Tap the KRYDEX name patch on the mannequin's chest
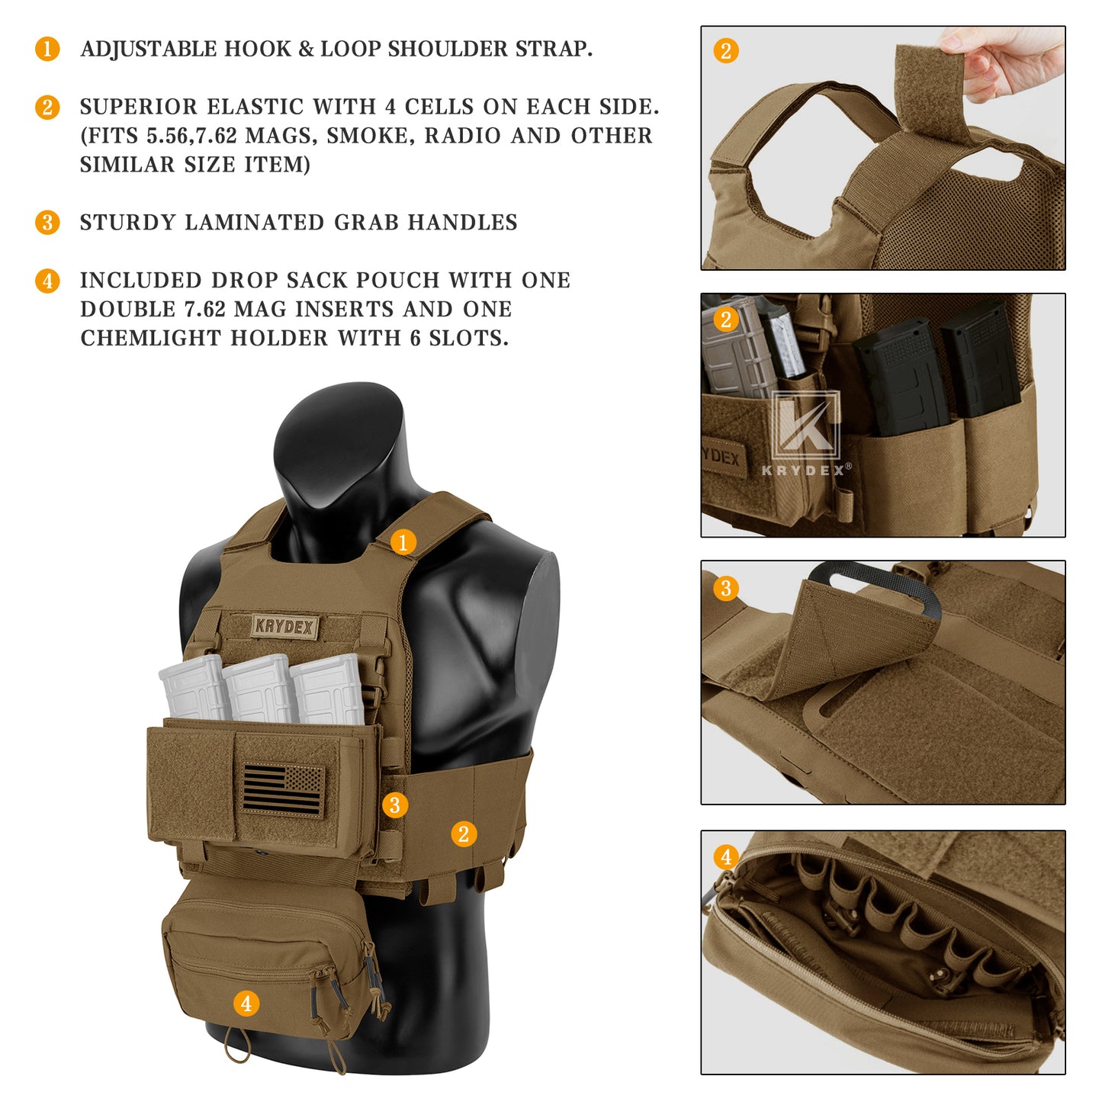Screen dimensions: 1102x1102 tap(284, 627)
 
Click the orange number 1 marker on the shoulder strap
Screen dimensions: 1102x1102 tap(403, 542)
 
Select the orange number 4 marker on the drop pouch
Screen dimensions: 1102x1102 tap(246, 1003)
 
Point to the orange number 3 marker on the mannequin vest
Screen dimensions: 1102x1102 tap(394, 805)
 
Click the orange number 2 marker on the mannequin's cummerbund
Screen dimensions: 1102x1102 tap(464, 834)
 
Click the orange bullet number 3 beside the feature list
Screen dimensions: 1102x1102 tap(47, 223)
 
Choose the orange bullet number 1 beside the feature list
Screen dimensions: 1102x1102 tap(47, 49)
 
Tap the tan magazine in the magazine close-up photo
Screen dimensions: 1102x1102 tap(735, 351)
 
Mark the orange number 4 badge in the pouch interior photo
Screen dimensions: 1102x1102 tap(726, 856)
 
